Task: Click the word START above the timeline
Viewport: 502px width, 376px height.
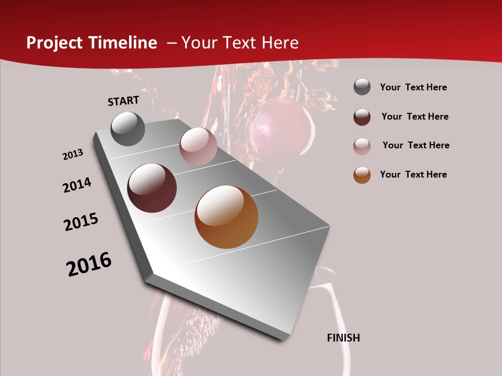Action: click(x=123, y=101)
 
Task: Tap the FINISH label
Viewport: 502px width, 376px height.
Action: click(x=344, y=338)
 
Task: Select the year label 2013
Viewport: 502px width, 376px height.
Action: click(x=73, y=155)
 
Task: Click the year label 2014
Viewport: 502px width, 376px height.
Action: click(x=77, y=185)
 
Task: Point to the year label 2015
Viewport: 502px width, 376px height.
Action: click(x=81, y=222)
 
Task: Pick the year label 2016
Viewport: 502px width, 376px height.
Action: click(x=89, y=264)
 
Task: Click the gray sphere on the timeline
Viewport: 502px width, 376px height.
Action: click(x=128, y=128)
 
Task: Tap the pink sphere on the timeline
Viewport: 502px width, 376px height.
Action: click(x=198, y=146)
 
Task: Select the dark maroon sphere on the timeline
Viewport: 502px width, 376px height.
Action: click(x=152, y=188)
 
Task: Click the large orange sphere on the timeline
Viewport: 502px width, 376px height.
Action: click(x=226, y=217)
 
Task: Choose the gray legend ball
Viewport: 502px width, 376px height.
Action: click(x=362, y=87)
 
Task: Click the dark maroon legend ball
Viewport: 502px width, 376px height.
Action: click(x=362, y=117)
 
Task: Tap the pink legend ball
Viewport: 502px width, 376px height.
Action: click(x=362, y=146)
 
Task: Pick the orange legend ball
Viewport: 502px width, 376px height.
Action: click(x=362, y=175)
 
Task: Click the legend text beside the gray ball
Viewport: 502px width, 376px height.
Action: click(x=413, y=87)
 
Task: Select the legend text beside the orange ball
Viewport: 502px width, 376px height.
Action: click(x=413, y=174)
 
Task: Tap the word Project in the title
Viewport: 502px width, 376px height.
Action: click(x=54, y=43)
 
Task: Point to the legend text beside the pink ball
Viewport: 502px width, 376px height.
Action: click(x=416, y=145)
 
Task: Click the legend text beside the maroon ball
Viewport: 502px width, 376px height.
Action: click(x=415, y=116)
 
